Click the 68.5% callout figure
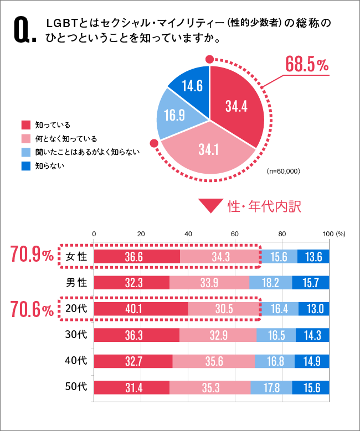pos(306,65)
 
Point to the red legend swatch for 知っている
pos(25,124)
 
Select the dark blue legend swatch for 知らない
pos(25,165)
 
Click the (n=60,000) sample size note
pos(283,172)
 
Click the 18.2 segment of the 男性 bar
pos(270,283)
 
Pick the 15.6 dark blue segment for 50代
pos(310,388)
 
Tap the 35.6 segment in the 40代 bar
pos(214,361)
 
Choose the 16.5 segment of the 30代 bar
pos(276,335)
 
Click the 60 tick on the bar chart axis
pos(235,233)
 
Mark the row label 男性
pos(76,283)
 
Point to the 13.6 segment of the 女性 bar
pos(313,256)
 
